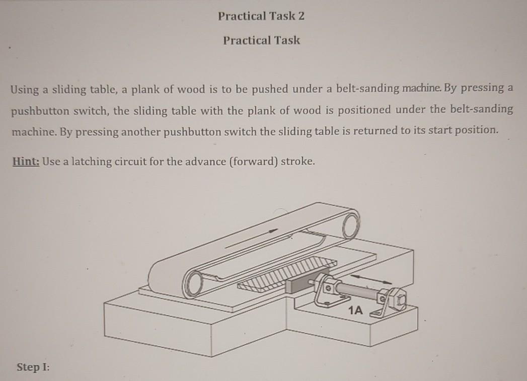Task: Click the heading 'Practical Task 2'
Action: click(x=261, y=16)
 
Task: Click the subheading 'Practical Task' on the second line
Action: click(x=261, y=40)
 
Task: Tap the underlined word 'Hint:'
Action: click(x=26, y=162)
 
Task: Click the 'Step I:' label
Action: click(x=33, y=367)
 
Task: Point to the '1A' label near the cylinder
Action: click(x=355, y=311)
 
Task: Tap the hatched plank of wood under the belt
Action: click(x=287, y=274)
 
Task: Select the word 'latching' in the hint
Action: click(x=95, y=162)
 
